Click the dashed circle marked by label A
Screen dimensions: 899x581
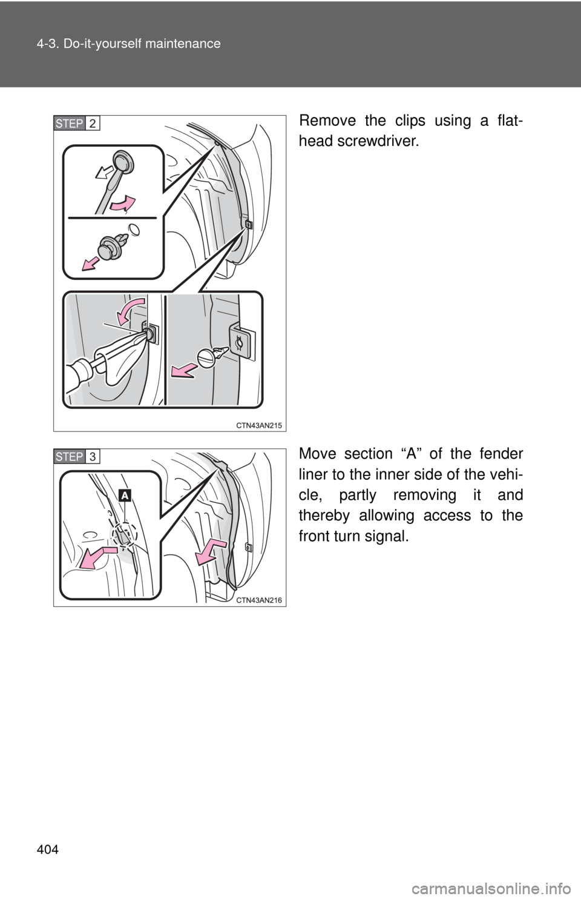[124, 534]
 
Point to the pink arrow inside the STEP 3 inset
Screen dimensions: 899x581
[98, 556]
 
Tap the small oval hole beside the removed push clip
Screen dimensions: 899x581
[134, 231]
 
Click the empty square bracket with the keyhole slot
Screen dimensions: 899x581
[240, 340]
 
